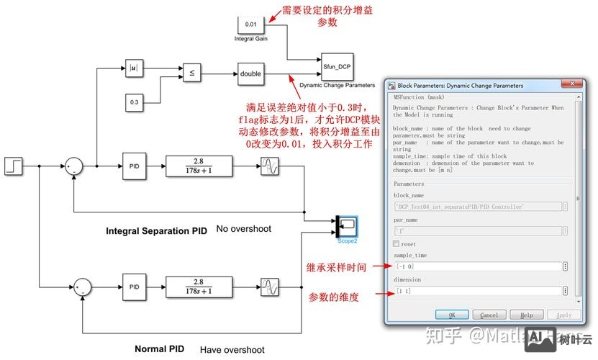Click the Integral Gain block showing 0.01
pos(250,24)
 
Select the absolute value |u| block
pos(134,68)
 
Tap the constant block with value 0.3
pos(134,102)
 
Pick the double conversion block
pos(250,73)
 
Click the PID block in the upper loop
pos(134,166)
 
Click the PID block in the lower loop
pos(134,287)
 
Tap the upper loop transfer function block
pos(199,166)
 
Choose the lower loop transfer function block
pos(199,287)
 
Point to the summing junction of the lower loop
pos(83,287)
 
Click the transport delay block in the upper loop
pos(269,166)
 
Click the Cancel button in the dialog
pos(489,315)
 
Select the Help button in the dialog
pos(526,315)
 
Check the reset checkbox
pos(397,244)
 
